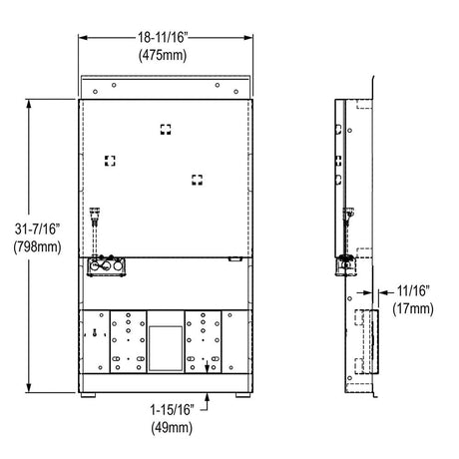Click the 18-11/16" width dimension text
(x=164, y=37)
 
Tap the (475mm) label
(x=163, y=55)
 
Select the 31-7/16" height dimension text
(x=37, y=229)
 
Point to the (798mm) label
(x=37, y=247)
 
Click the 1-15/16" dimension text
(x=172, y=410)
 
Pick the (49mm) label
(x=172, y=427)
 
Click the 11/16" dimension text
(x=413, y=291)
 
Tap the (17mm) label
(x=413, y=309)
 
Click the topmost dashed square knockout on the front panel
(x=166, y=130)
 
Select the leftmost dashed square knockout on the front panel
(x=110, y=161)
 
